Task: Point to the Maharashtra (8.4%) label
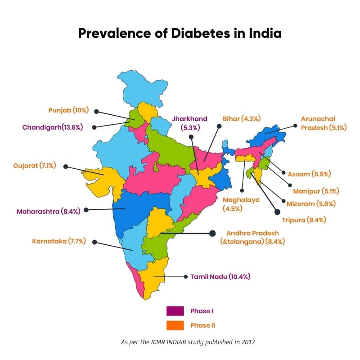(x=48, y=210)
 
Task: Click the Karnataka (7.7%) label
(x=59, y=242)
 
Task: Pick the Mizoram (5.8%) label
(x=314, y=203)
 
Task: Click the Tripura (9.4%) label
(x=304, y=220)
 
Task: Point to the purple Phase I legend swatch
(x=175, y=311)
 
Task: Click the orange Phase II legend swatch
(x=175, y=325)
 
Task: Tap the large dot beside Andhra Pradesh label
(x=212, y=233)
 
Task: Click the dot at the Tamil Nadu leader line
(x=184, y=276)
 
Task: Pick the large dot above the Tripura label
(x=277, y=211)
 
